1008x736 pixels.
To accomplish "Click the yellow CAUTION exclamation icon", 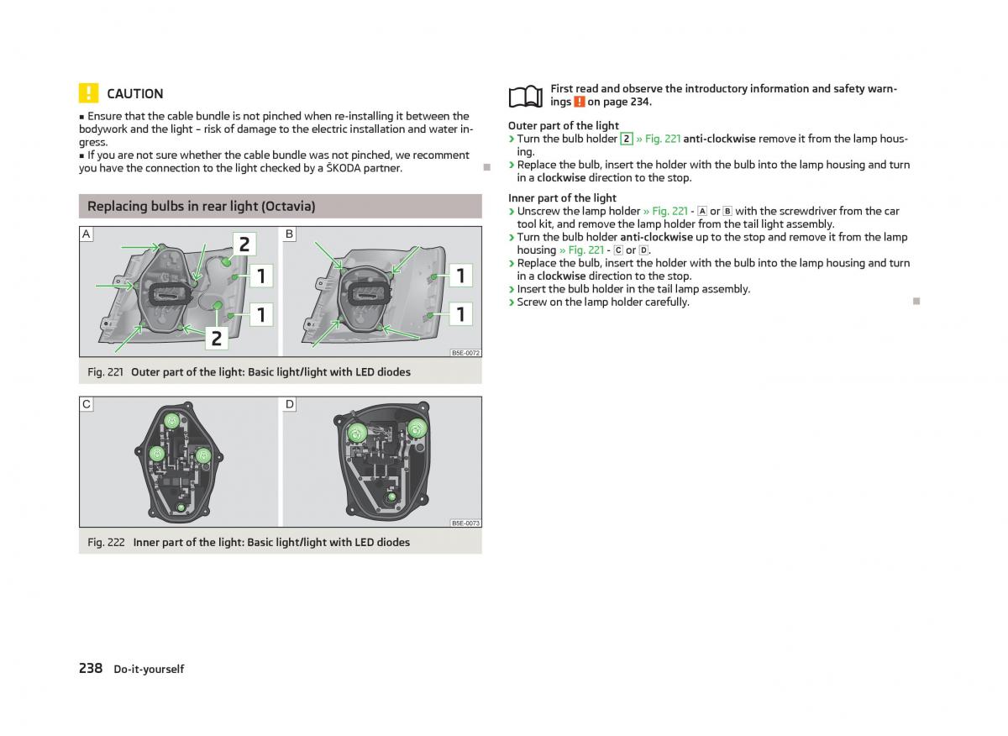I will (x=88, y=93).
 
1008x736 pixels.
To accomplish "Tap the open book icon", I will (x=526, y=97).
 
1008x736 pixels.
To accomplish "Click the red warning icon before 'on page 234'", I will (x=579, y=102).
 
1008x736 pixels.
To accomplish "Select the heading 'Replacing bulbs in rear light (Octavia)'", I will (x=202, y=206).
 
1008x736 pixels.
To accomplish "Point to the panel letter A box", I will (x=87, y=234).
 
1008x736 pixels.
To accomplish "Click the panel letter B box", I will (x=290, y=234).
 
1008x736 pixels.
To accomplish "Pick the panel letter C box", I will (x=87, y=404).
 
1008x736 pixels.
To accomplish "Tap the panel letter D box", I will (x=290, y=404).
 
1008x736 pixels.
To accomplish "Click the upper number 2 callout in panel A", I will (x=244, y=244).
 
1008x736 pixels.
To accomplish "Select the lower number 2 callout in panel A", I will (x=217, y=338).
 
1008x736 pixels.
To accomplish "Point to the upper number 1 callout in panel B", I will (x=460, y=275).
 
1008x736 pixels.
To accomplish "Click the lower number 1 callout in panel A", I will (x=261, y=314).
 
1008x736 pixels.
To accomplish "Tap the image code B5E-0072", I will (x=465, y=353).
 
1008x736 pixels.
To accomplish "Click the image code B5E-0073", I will (x=465, y=523).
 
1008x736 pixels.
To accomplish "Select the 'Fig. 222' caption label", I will (x=106, y=542).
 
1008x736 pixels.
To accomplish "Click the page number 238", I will (x=91, y=668).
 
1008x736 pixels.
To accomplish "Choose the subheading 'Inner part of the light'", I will (x=562, y=198).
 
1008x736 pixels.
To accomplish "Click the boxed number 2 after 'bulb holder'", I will (x=627, y=139).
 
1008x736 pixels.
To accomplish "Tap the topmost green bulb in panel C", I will (x=171, y=421).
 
